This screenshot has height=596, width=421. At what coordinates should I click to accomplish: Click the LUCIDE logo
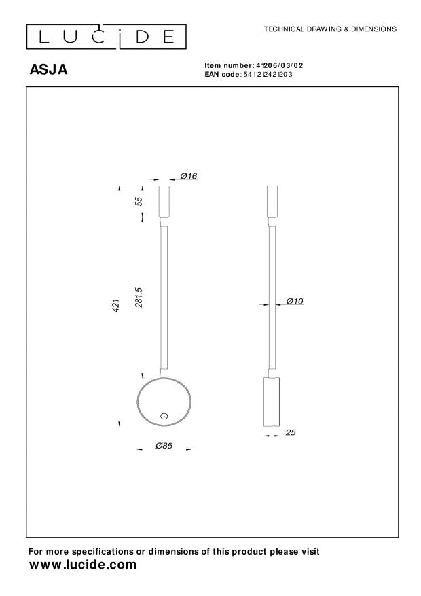[106, 35]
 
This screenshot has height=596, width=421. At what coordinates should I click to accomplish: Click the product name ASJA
[48, 69]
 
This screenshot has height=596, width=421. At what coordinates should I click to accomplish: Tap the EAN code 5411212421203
[268, 74]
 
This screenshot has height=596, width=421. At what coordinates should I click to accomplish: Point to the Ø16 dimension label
[188, 177]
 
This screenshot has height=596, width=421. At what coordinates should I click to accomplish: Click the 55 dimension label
[139, 201]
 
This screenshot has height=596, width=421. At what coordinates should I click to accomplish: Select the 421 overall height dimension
[116, 306]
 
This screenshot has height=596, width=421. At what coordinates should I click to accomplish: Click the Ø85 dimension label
[164, 446]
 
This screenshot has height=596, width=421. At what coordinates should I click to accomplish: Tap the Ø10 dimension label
[294, 301]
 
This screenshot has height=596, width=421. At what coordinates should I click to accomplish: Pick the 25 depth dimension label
[291, 432]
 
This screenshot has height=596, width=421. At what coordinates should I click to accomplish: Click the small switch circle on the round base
[164, 415]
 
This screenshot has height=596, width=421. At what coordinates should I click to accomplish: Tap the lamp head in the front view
[164, 201]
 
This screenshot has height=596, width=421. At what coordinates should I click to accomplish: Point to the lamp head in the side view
[272, 201]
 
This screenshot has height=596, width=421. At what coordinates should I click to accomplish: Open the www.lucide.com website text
[83, 565]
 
